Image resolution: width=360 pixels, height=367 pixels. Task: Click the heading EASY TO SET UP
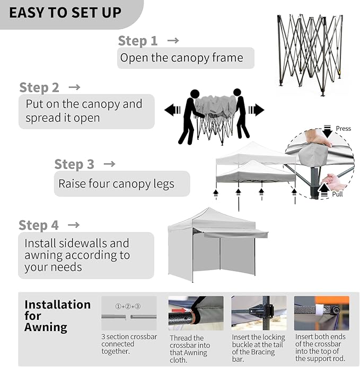[x=65, y=13]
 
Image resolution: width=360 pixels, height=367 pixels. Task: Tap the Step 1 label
[x=137, y=41]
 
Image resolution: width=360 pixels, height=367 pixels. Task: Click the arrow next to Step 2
[x=74, y=87]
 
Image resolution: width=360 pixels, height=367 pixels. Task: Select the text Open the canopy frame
[x=182, y=58]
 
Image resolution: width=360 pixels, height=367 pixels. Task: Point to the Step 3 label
[x=74, y=164]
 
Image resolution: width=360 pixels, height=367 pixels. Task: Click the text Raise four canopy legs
[x=116, y=184]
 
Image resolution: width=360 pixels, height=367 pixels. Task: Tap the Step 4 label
[x=38, y=225]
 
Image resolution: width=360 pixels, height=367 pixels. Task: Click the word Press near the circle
[x=344, y=129]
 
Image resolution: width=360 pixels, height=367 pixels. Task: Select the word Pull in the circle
[x=337, y=194]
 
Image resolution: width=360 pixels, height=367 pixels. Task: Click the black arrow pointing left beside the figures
[x=172, y=110]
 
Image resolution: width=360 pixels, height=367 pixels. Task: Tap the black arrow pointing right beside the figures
[x=257, y=110]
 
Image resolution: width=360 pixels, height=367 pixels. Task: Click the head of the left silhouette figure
[x=195, y=94]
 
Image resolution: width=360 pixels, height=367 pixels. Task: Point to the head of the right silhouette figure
[x=237, y=93]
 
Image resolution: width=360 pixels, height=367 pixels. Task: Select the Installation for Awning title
[x=57, y=316]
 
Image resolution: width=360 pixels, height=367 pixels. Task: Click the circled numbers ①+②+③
[x=128, y=307]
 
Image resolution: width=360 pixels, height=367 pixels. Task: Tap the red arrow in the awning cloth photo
[x=179, y=310]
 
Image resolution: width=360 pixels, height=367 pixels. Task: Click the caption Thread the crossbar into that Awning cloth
[x=190, y=349]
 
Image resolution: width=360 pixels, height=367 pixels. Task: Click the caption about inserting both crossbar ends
[x=320, y=347]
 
